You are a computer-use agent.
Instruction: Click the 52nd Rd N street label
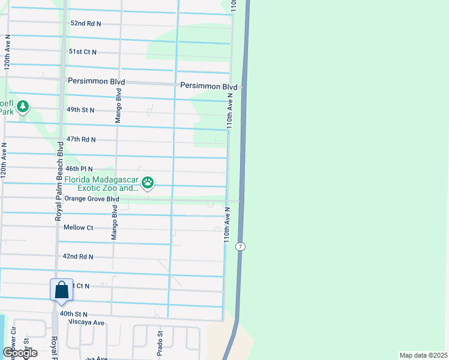coord(86,23)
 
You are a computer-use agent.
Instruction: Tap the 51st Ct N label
coord(83,52)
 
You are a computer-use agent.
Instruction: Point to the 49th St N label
coord(81,110)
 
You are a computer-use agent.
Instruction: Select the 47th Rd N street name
coord(81,139)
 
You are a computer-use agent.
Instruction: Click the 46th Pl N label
coord(79,169)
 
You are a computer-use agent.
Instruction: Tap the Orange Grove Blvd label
coord(92,199)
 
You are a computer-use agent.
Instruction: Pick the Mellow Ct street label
coord(78,227)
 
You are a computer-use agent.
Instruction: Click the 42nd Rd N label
coord(78,256)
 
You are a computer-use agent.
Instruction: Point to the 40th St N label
coord(73,314)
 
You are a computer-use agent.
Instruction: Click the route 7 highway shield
coord(240,247)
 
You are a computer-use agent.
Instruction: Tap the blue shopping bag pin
coord(62,291)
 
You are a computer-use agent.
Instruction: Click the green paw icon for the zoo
coord(148,182)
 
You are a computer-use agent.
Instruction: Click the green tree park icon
coord(23,107)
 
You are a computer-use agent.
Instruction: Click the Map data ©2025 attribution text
coord(423,355)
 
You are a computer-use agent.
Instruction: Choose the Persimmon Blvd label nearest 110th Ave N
coord(209,86)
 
